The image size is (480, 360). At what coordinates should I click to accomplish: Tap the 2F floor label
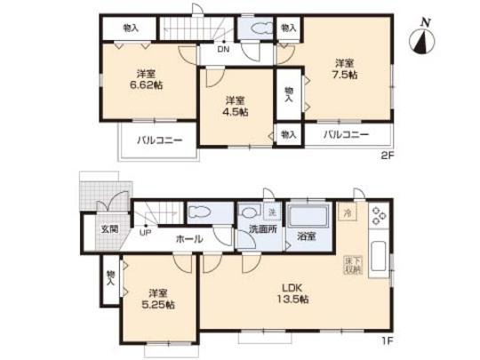coord(388,154)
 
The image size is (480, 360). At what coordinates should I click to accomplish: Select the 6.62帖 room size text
coord(148,85)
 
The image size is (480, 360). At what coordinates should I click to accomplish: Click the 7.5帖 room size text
coord(347,75)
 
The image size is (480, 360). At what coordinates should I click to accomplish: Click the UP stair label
coord(144,235)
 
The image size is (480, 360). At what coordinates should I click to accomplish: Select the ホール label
coord(188,238)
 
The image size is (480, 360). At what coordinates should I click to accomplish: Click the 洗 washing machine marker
coord(272,211)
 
